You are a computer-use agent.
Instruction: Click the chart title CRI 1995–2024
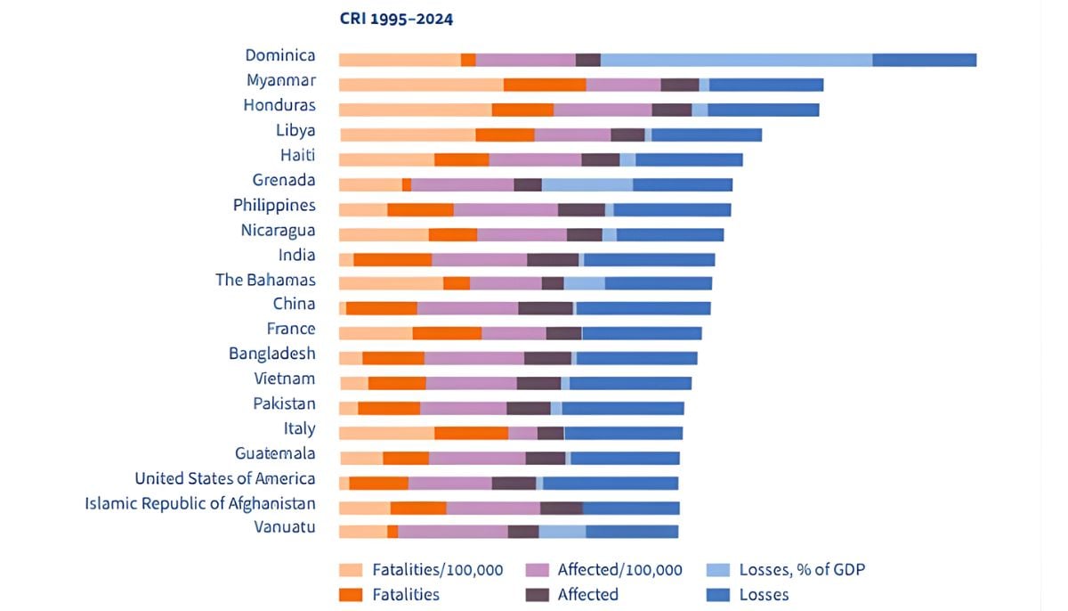(396, 19)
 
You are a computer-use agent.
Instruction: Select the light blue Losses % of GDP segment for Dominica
(736, 60)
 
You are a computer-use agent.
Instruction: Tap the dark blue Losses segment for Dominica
(924, 60)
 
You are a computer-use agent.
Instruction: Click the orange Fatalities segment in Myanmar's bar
(545, 85)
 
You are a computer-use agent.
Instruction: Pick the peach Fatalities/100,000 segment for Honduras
(415, 110)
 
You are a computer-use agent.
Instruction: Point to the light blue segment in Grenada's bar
(587, 184)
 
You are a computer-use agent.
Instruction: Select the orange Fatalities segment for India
(392, 259)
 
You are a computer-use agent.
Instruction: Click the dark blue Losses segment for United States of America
(611, 483)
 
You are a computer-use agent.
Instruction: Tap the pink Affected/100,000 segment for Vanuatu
(453, 532)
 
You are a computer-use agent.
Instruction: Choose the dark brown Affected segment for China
(546, 308)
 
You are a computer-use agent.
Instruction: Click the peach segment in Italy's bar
(386, 433)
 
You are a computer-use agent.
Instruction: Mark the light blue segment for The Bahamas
(584, 283)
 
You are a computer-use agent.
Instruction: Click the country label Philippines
(274, 206)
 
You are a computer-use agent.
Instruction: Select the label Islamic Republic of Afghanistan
(200, 504)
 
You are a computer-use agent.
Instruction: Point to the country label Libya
(295, 131)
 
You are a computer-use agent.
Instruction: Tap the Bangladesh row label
(271, 354)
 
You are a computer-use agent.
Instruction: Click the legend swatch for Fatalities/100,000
(351, 570)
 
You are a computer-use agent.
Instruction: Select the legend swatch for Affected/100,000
(537, 570)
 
